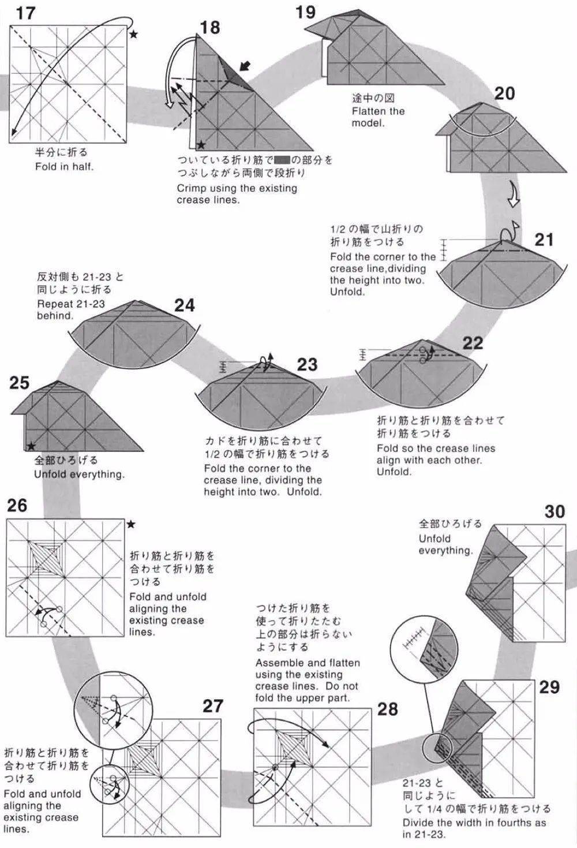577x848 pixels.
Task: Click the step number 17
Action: point(25,13)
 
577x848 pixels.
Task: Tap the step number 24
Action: point(185,305)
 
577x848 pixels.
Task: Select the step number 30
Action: point(554,511)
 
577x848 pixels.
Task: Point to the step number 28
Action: point(387,709)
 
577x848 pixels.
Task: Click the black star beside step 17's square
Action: point(134,35)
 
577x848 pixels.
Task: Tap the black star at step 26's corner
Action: point(131,524)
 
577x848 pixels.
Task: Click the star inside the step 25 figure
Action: point(31,446)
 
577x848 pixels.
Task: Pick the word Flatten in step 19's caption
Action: point(370,111)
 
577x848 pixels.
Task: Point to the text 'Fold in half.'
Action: point(64,167)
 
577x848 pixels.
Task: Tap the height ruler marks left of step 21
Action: point(443,249)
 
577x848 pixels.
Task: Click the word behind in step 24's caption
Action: point(55,316)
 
